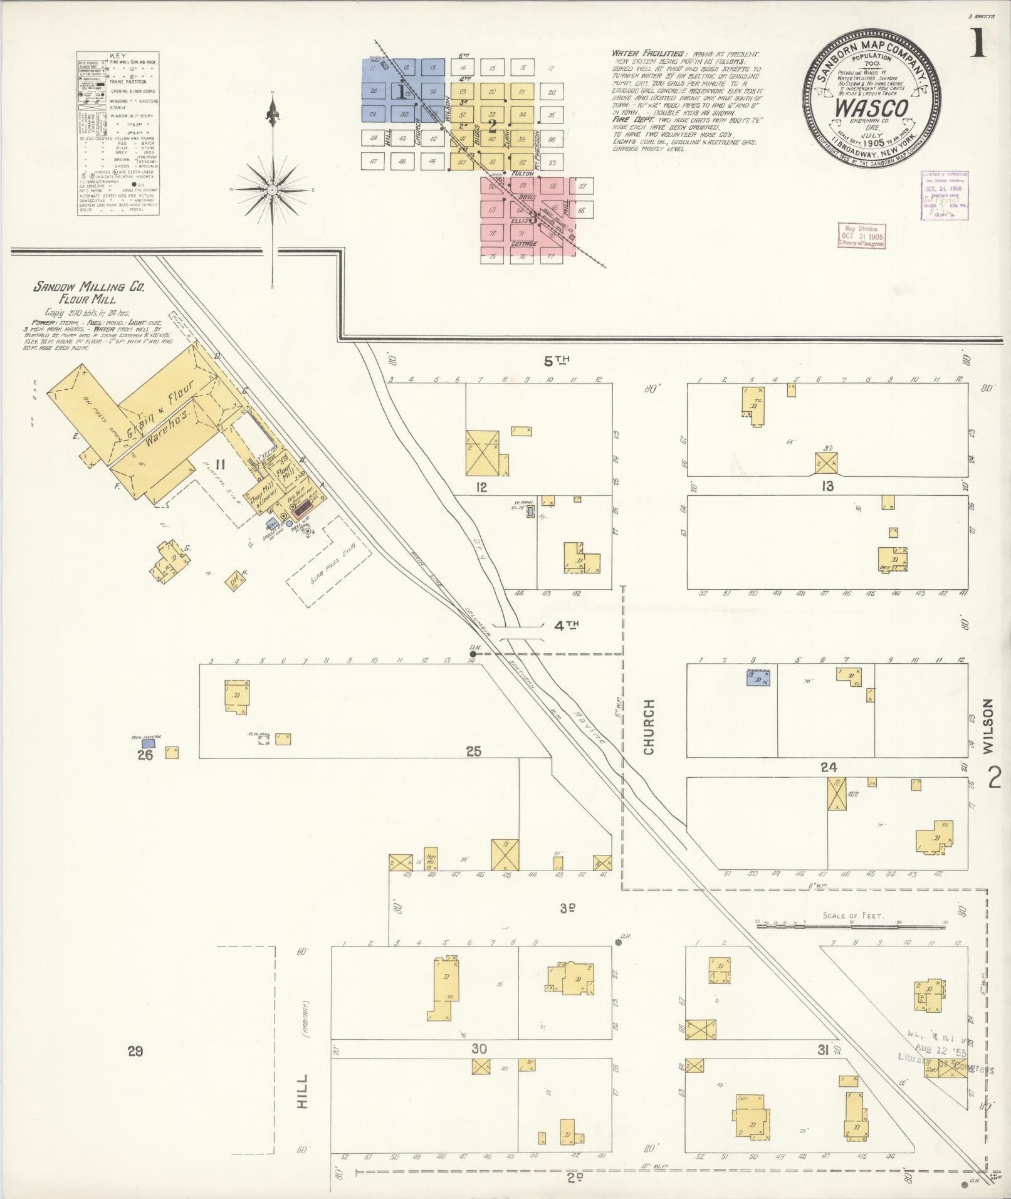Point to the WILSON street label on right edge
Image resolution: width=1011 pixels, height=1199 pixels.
coord(988,726)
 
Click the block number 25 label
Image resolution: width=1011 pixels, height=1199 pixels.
coord(473,751)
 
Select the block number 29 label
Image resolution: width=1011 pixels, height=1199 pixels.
coord(135,1051)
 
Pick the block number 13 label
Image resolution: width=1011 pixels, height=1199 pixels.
coord(827,486)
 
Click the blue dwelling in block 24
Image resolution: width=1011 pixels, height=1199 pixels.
coord(757,678)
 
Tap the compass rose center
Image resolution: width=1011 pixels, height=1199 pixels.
coord(273,189)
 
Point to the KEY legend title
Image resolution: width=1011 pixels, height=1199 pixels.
coord(117,56)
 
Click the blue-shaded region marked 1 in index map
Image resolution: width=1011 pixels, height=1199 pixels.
coord(401,92)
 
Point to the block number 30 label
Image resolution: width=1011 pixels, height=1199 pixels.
coord(479,1049)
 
